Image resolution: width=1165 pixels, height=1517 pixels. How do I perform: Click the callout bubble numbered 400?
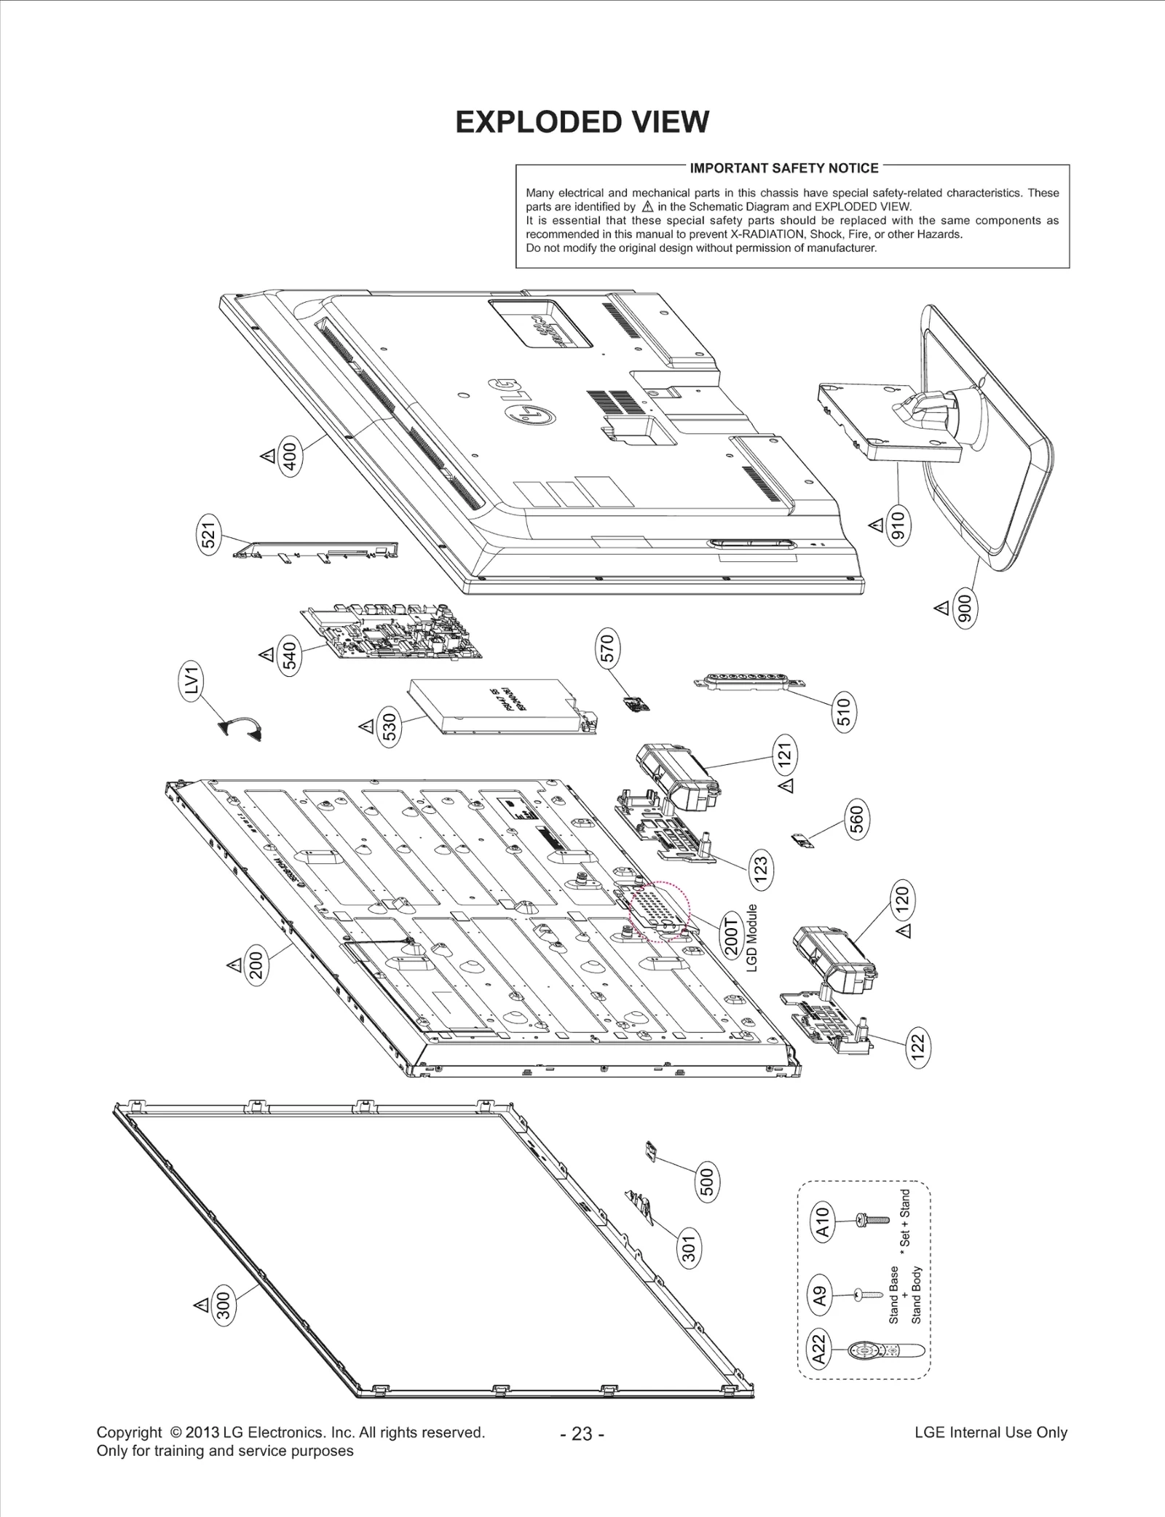(290, 456)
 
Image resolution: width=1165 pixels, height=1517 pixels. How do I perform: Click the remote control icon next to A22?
(885, 1352)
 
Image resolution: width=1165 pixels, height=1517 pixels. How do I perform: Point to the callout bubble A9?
(820, 1295)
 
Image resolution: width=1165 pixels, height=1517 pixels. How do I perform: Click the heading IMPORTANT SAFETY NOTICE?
(783, 168)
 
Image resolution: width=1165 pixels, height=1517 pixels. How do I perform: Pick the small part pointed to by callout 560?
(803, 841)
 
